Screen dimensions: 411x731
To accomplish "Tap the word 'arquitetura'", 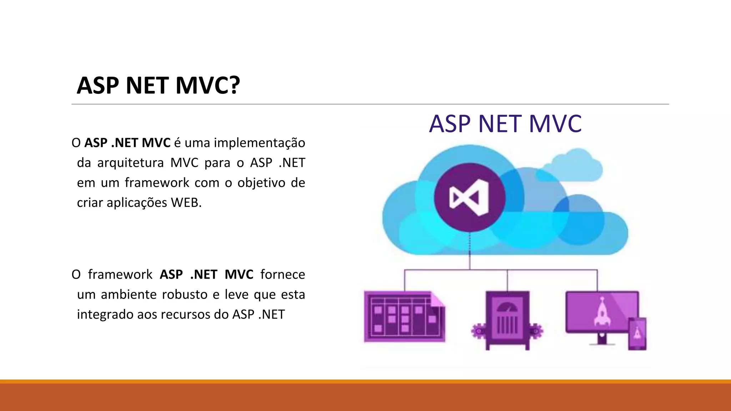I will point(130,163).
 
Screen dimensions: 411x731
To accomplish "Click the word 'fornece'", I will point(283,274).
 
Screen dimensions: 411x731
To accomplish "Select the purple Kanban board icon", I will point(403,317).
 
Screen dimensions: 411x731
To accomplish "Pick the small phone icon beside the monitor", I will point(637,333).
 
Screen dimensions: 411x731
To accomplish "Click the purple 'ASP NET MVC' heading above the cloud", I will point(505,124).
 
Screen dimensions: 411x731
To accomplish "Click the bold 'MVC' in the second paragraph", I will point(239,274).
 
